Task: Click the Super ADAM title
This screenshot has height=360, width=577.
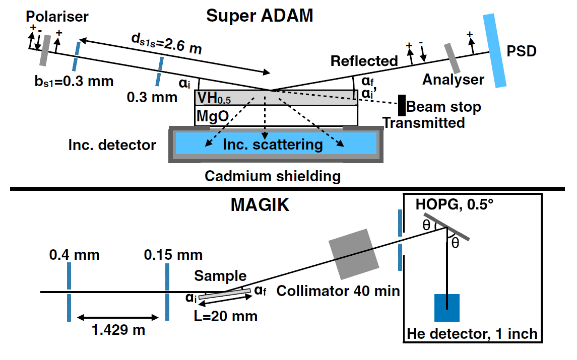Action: [x=260, y=16]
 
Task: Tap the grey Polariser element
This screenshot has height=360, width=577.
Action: [x=45, y=50]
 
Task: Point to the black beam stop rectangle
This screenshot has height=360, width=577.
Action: [x=402, y=106]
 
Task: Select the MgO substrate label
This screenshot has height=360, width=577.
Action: [x=213, y=117]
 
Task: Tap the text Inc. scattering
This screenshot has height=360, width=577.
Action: [x=273, y=145]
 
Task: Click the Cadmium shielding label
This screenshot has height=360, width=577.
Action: [x=272, y=176]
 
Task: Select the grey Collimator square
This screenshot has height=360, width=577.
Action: [x=353, y=253]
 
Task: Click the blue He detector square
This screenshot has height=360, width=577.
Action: [x=447, y=307]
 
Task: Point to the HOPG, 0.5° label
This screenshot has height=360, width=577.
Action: [x=453, y=206]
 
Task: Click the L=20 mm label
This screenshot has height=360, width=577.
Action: [x=226, y=316]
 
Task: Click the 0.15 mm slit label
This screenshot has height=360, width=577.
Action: [x=174, y=255]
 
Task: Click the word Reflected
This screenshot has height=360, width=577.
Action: [x=364, y=61]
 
